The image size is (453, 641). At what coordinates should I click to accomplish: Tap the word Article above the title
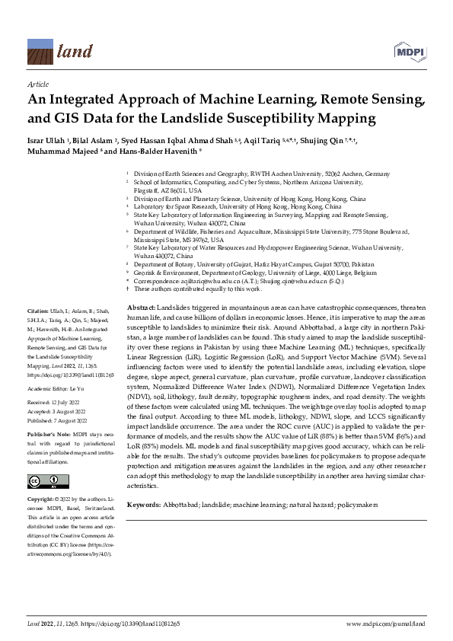tap(37, 85)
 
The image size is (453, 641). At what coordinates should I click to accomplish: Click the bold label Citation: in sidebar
tap(38, 312)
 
